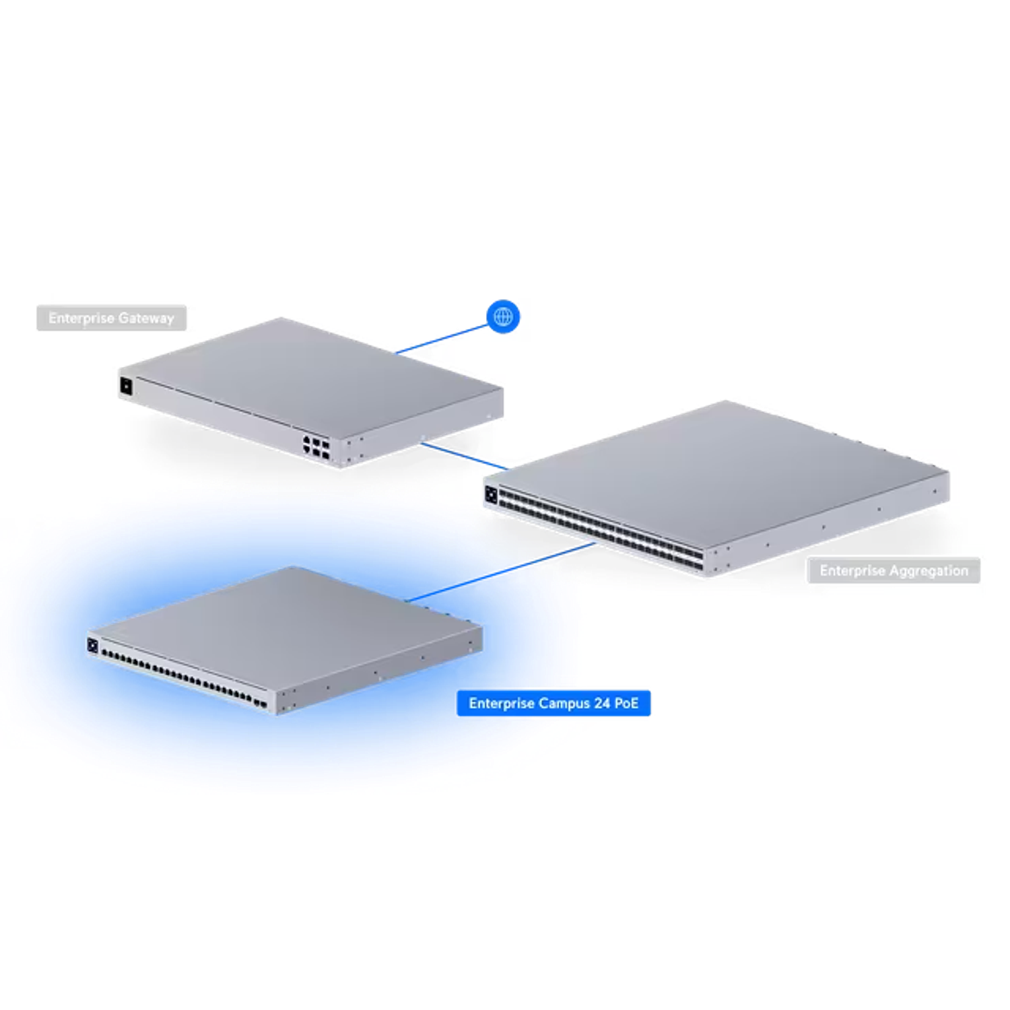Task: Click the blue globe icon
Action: click(504, 316)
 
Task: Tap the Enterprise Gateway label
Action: click(112, 318)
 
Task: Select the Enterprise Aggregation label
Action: click(894, 571)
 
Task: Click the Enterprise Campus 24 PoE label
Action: click(553, 704)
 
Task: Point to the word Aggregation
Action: click(929, 571)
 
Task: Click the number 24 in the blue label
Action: click(602, 704)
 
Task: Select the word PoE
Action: click(626, 704)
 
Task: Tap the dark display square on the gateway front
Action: click(126, 386)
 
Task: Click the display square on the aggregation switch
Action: click(491, 496)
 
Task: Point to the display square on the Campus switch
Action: click(92, 646)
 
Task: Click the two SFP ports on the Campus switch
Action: click(259, 704)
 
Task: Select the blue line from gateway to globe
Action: click(441, 339)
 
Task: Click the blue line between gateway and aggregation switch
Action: click(465, 454)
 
